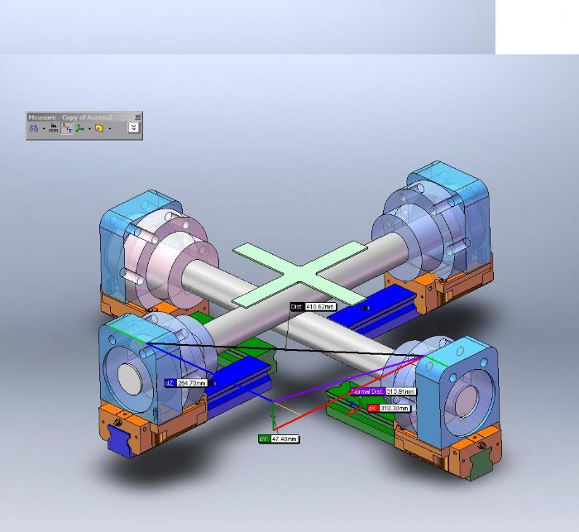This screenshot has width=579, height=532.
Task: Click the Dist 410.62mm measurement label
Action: pyautogui.click(x=313, y=307)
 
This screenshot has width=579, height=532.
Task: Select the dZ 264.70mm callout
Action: pyautogui.click(x=189, y=383)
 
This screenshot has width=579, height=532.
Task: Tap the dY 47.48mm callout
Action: pyautogui.click(x=279, y=439)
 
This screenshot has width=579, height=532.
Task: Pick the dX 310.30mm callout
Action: pyautogui.click(x=389, y=408)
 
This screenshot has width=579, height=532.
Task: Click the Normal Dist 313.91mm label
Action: pyautogui.click(x=383, y=391)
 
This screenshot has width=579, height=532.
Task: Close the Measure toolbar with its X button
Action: pyautogui.click(x=137, y=117)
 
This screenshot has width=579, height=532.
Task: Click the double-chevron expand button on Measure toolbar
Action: pyautogui.click(x=132, y=128)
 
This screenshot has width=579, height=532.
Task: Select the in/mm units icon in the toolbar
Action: pyautogui.click(x=53, y=128)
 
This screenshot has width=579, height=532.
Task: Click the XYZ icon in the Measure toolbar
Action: pyautogui.click(x=66, y=128)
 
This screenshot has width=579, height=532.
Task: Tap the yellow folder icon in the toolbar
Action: pyautogui.click(x=98, y=128)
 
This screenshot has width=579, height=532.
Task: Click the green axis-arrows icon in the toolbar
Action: pyautogui.click(x=81, y=128)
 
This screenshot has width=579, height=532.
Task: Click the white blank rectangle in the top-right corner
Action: pyautogui.click(x=537, y=26)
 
